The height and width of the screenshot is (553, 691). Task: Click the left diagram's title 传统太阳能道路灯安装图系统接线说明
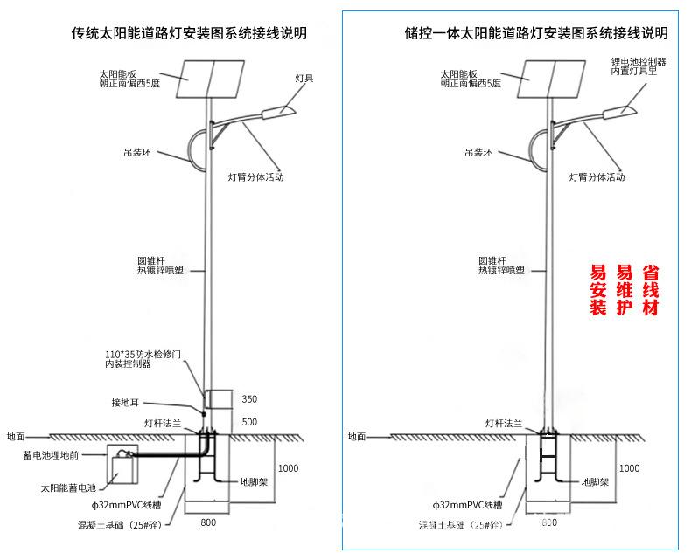[x=189, y=33]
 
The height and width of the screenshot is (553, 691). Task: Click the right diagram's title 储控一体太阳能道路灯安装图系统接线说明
[x=536, y=33]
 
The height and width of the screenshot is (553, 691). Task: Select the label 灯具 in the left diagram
[x=304, y=78]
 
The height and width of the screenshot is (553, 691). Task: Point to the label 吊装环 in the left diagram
[x=137, y=151]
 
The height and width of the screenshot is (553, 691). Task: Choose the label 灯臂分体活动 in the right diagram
[x=597, y=176]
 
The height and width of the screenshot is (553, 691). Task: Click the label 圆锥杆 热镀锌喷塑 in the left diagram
[x=159, y=265]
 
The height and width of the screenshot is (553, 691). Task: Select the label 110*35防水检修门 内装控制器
[x=142, y=359]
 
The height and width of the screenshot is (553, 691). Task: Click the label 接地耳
[x=125, y=403]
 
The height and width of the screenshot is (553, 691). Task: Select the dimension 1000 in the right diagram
[x=629, y=468]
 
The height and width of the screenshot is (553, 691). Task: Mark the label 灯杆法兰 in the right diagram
[x=505, y=422]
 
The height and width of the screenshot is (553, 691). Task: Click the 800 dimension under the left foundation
[x=207, y=522]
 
